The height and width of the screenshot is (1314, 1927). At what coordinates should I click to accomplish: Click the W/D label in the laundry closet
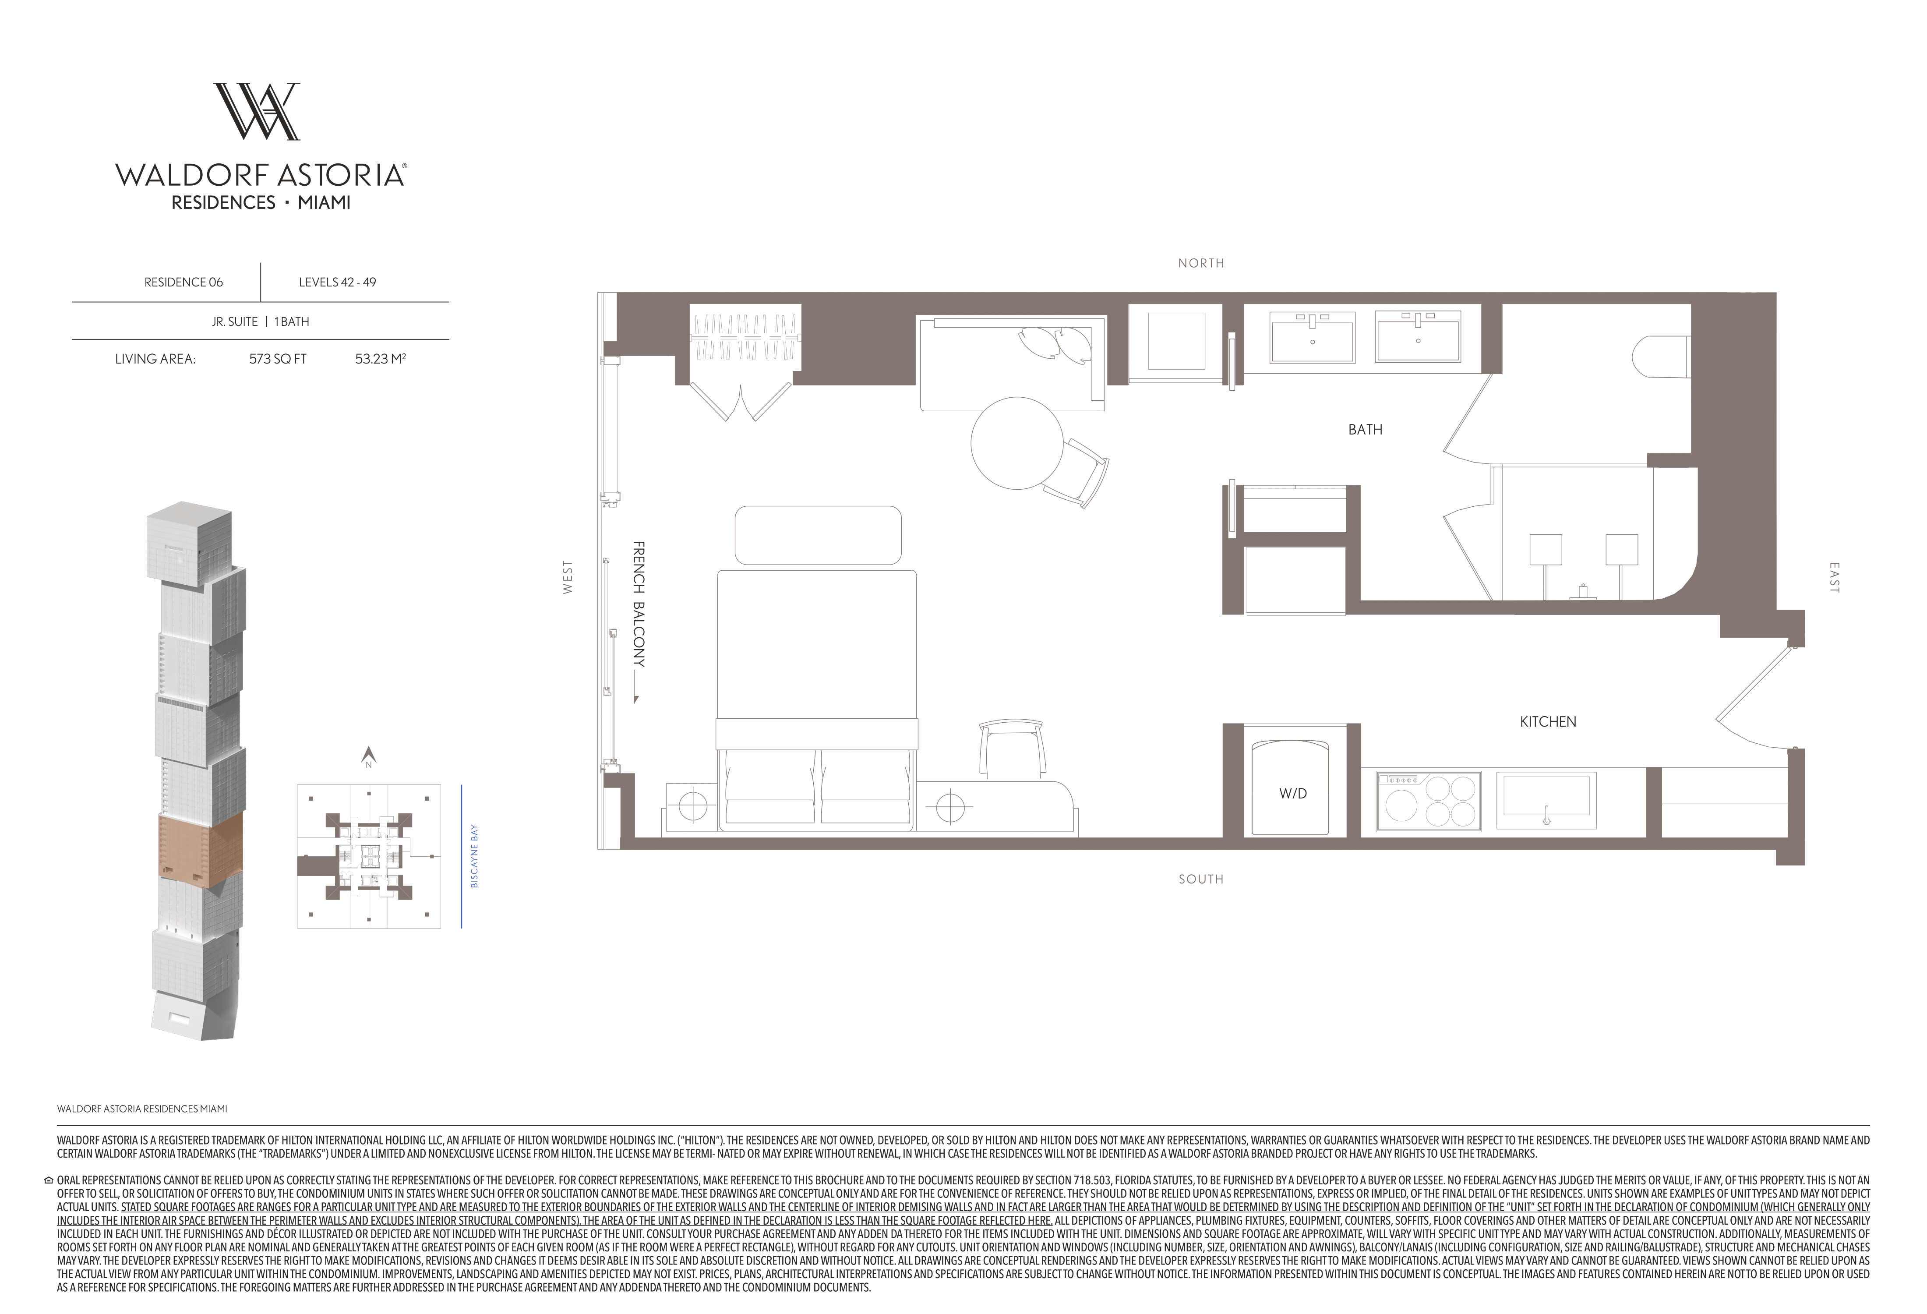coord(1293,793)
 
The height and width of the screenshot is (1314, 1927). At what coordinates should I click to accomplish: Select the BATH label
coord(1365,429)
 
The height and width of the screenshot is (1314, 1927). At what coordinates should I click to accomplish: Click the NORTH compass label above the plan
coord(1200,263)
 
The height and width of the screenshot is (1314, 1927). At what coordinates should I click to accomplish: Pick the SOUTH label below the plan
coord(1200,879)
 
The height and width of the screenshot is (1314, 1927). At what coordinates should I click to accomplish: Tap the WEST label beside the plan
coord(568,577)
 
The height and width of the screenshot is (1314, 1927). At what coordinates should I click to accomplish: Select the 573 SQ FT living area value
coord(278,359)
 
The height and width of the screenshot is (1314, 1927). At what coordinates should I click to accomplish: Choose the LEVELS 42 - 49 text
coord(338,282)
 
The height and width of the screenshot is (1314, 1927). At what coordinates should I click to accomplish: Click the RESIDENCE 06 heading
coord(183,282)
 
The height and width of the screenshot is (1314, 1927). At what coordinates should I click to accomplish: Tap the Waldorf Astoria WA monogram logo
coord(257,111)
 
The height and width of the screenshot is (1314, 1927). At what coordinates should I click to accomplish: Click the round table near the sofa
coord(1016,443)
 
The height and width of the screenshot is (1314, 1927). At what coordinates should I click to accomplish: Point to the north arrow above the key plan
coord(369,754)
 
